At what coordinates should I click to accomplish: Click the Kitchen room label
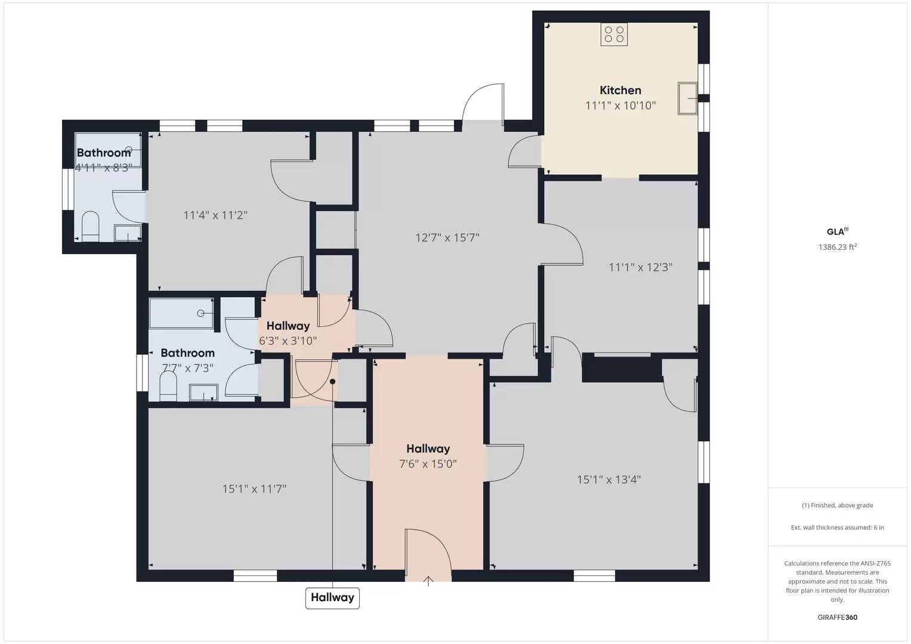click(x=620, y=90)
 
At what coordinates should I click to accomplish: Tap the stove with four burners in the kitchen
click(x=614, y=34)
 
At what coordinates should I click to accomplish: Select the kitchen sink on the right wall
click(x=687, y=98)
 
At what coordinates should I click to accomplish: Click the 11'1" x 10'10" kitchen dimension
click(x=620, y=106)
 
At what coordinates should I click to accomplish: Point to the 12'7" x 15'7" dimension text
click(x=447, y=237)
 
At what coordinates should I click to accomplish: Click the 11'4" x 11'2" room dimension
click(x=215, y=215)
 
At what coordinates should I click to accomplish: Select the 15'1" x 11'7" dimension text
click(x=254, y=489)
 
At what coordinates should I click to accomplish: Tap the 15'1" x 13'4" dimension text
click(x=609, y=480)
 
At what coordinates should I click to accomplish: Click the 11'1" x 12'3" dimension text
click(x=641, y=268)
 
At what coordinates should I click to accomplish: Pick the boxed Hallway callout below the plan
click(x=332, y=597)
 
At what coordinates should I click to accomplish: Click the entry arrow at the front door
click(x=428, y=581)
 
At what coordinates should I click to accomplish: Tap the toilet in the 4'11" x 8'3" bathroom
click(x=90, y=226)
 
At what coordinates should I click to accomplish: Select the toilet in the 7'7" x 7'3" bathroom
click(x=168, y=385)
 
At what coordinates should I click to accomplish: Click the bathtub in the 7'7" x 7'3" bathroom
click(x=181, y=313)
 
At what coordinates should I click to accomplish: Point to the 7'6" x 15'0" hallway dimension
click(x=428, y=464)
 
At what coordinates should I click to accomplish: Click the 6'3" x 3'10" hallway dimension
click(x=288, y=340)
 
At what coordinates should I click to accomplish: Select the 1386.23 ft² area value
click(x=838, y=247)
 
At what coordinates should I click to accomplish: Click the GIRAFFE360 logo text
click(x=838, y=617)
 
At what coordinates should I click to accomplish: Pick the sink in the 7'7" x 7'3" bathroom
click(x=203, y=393)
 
